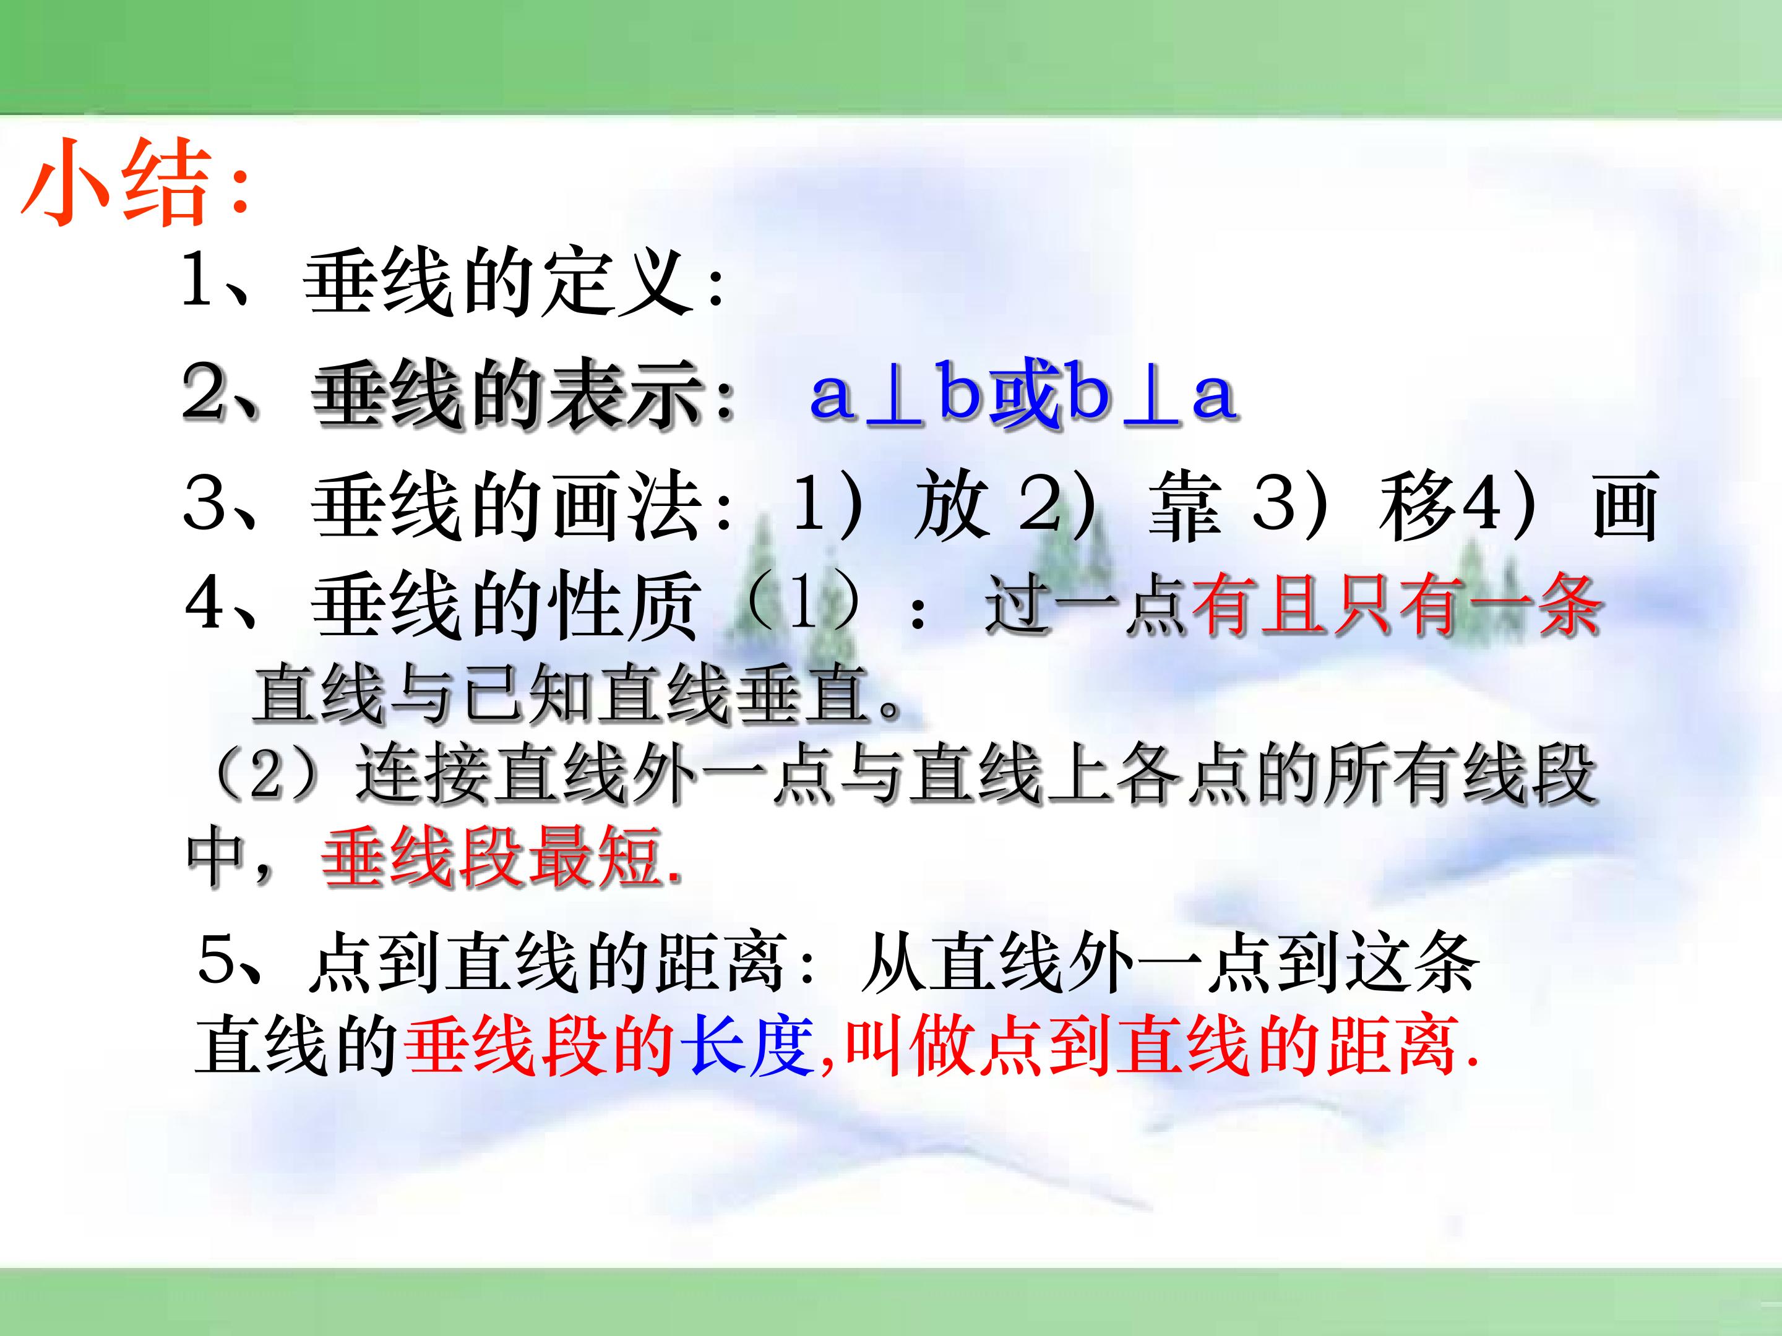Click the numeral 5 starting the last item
tap(216, 960)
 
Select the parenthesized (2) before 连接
tap(266, 775)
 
